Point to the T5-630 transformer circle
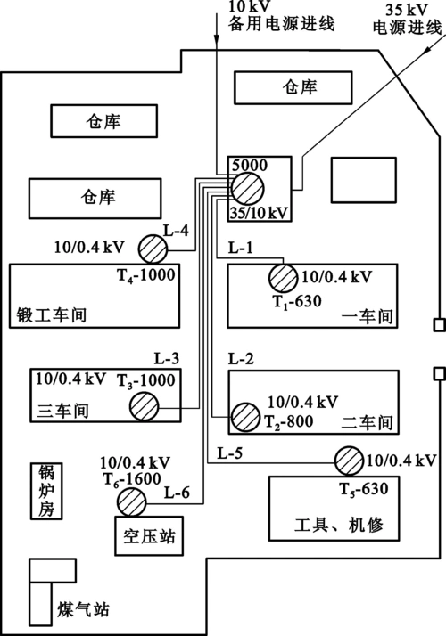tap(349, 461)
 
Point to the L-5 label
tap(230, 452)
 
